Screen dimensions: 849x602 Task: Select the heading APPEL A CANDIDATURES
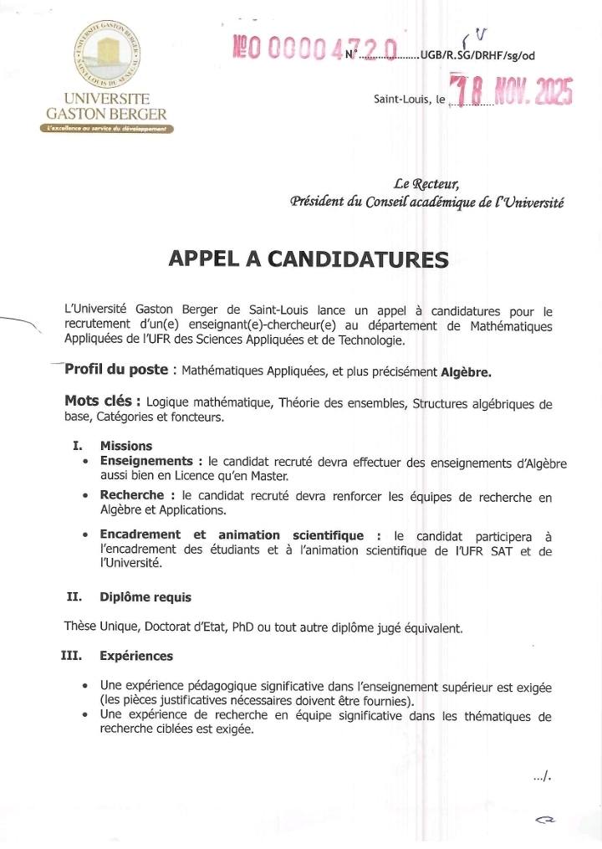(308, 258)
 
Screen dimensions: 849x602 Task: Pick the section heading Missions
(126, 446)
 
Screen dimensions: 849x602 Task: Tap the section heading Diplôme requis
(145, 597)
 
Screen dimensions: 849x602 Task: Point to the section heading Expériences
(136, 657)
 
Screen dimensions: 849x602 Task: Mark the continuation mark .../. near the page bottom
(543, 778)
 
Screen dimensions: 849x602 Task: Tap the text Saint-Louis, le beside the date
(409, 100)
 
